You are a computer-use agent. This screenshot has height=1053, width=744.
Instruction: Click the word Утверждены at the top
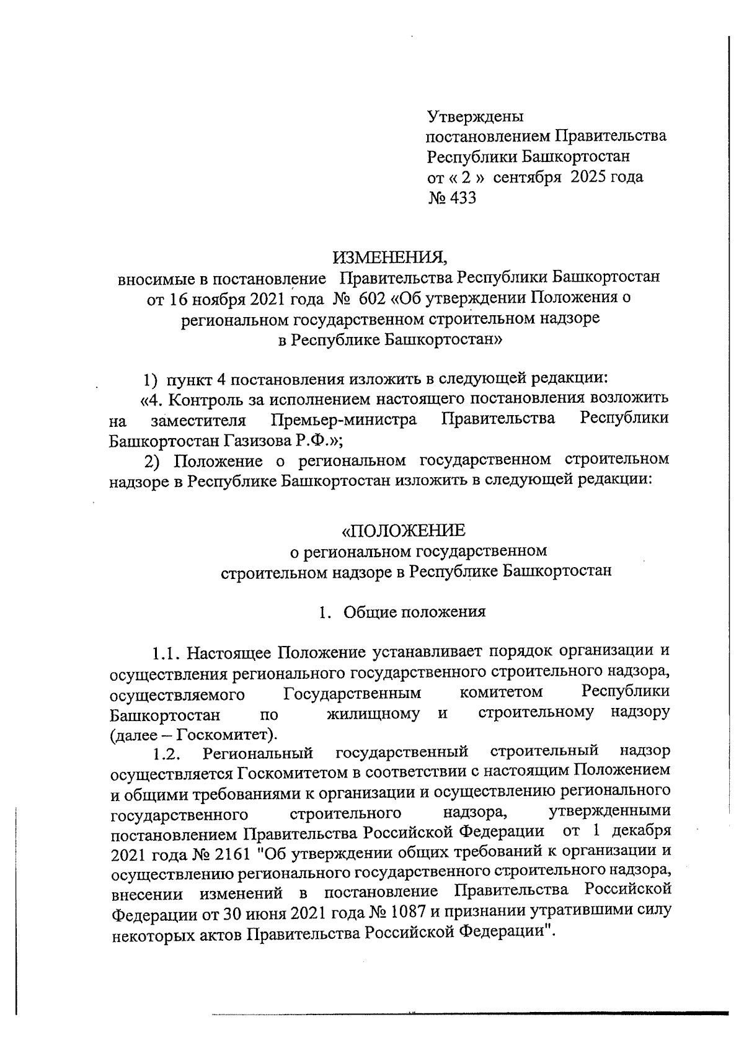click(476, 117)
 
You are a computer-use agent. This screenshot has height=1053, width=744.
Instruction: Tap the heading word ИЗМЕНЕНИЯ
click(389, 257)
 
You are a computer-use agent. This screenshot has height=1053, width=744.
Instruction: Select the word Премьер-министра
click(344, 420)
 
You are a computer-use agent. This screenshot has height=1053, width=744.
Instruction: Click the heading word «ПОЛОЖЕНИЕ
click(404, 531)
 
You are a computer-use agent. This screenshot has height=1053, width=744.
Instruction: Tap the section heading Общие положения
click(414, 612)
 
